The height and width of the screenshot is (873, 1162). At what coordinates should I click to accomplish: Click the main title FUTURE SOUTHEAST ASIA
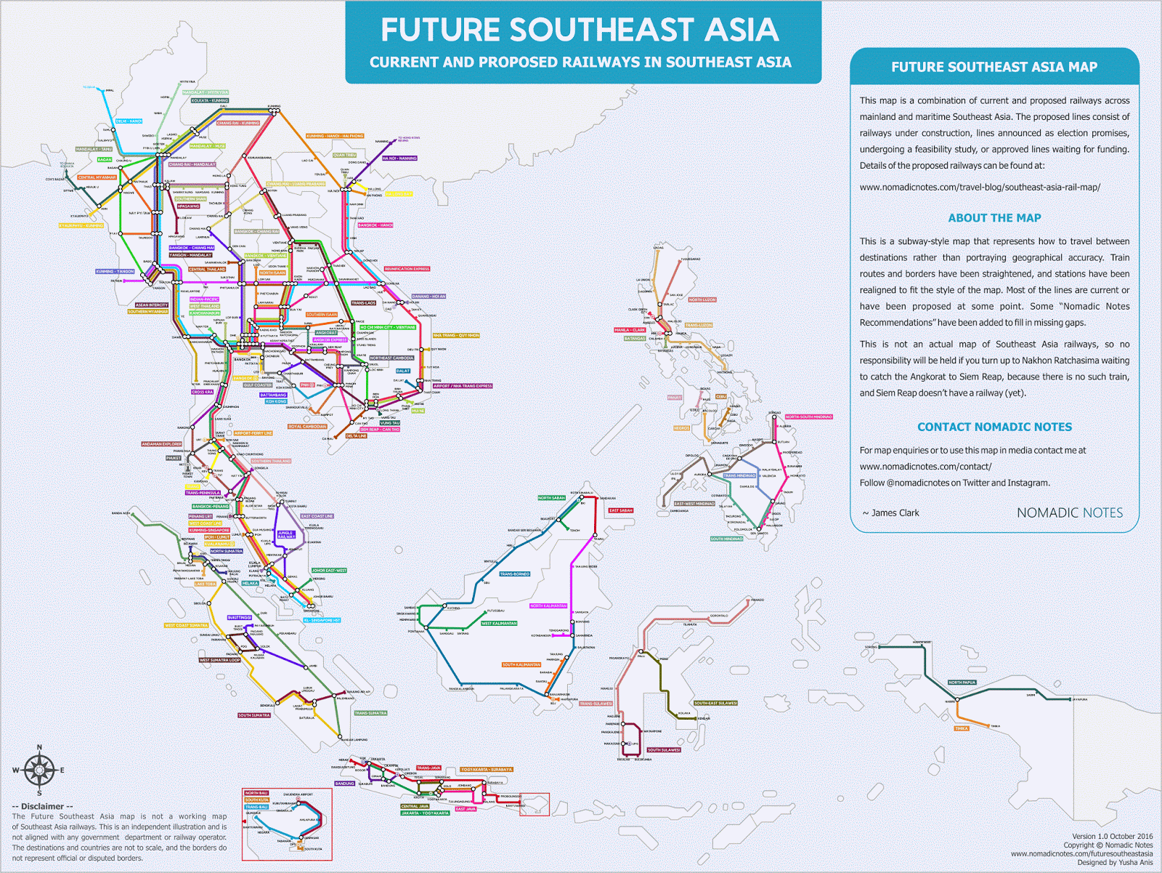click(x=580, y=31)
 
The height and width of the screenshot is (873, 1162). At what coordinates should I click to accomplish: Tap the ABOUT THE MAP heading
click(x=994, y=218)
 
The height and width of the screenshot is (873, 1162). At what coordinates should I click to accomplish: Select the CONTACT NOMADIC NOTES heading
click(x=994, y=427)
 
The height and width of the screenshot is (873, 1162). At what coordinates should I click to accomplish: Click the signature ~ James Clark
click(x=890, y=513)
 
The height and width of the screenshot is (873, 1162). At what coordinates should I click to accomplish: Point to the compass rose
click(x=39, y=770)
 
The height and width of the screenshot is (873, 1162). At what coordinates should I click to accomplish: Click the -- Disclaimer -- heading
click(x=43, y=806)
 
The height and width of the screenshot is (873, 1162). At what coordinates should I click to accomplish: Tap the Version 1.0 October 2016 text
click(x=1112, y=836)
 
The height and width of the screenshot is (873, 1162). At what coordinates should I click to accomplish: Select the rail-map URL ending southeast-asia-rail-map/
click(x=980, y=188)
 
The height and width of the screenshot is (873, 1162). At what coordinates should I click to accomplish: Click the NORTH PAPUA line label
click(x=962, y=683)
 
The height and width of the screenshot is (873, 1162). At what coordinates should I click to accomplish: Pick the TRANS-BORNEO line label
click(x=515, y=574)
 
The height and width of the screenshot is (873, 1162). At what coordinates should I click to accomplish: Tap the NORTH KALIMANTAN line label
click(x=548, y=606)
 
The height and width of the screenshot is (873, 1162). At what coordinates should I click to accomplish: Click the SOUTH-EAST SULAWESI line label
click(x=715, y=703)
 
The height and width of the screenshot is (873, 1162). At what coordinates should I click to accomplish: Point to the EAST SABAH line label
click(x=621, y=510)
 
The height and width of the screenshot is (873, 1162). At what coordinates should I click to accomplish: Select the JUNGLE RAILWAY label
click(x=286, y=535)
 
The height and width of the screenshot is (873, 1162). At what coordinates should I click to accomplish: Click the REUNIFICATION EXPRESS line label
click(x=407, y=269)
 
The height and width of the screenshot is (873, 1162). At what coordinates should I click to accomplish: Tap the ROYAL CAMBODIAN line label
click(x=307, y=427)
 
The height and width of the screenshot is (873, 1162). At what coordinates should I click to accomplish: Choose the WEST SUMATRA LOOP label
click(x=219, y=660)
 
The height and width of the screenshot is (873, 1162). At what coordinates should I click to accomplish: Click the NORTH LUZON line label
click(x=702, y=299)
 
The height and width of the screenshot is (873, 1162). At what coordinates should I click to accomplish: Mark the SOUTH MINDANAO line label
click(x=727, y=539)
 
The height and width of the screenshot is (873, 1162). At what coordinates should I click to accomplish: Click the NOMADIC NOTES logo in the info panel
click(x=1069, y=513)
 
